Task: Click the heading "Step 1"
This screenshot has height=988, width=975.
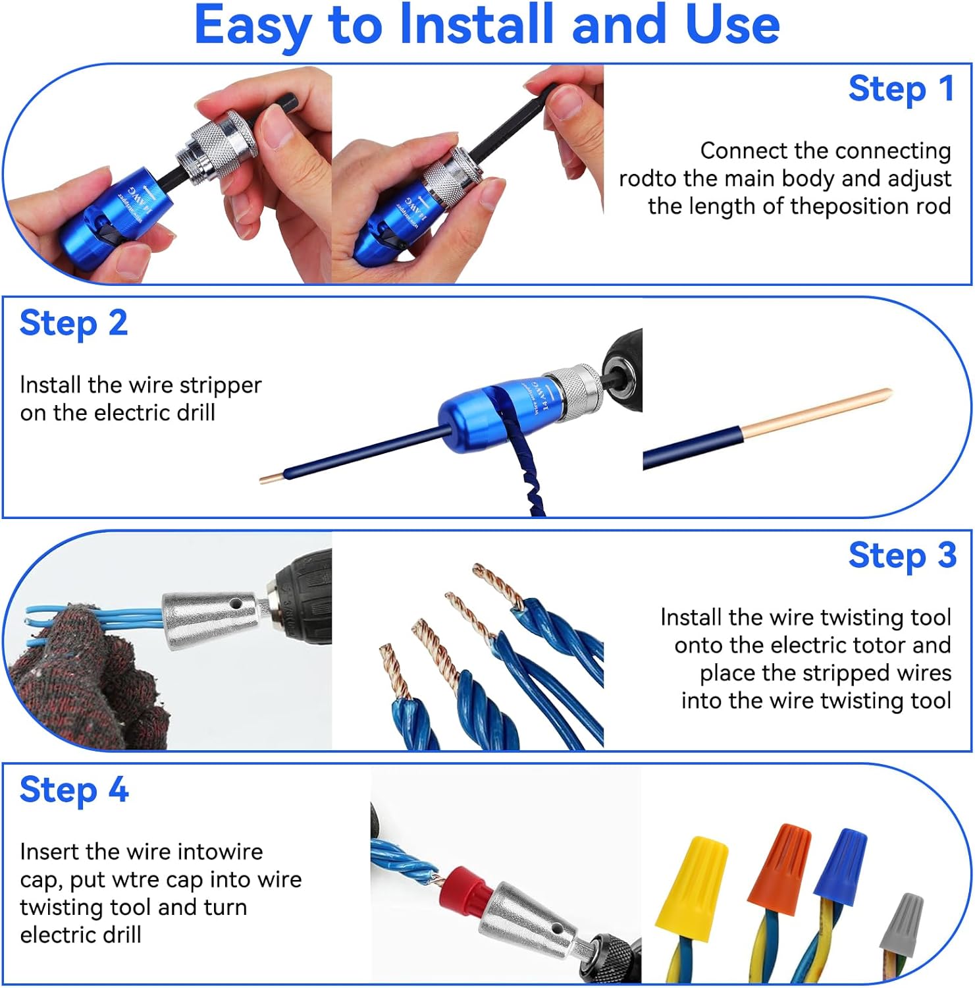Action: (x=901, y=89)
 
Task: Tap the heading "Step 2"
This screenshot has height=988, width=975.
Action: (x=74, y=323)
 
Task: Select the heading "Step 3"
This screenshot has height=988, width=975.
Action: (x=902, y=555)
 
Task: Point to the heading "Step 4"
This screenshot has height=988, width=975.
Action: (x=74, y=790)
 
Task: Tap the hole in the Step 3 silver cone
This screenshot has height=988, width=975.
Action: (x=234, y=603)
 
